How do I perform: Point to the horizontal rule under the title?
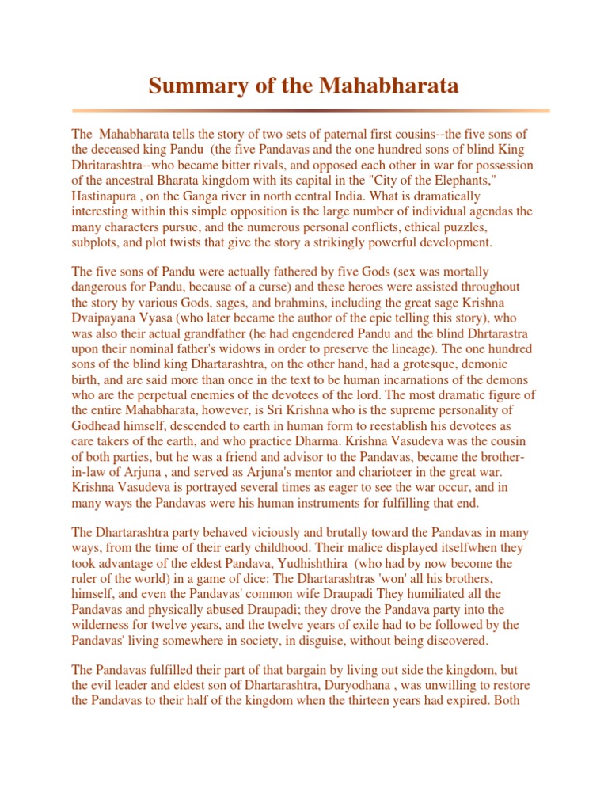310,111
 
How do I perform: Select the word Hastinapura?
105,196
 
